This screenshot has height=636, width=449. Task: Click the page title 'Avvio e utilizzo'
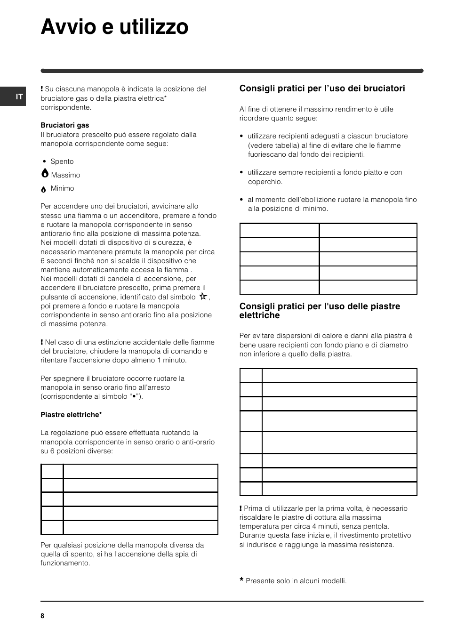pos(114,27)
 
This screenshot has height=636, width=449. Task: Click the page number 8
pos(42,616)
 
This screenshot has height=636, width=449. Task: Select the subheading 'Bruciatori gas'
pos(64,125)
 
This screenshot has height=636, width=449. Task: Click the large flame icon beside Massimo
pos(45,174)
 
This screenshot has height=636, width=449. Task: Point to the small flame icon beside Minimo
pos(43,189)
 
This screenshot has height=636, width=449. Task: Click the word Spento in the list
pos(62,161)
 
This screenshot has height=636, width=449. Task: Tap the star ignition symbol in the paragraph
pos(203,297)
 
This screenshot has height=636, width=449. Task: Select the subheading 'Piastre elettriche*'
pos(71,415)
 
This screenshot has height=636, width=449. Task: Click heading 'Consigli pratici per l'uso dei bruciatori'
pos(322,89)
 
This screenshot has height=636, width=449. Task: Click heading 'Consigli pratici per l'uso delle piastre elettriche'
pos(320,311)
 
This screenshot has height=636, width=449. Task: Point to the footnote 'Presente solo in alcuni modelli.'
pos(296,581)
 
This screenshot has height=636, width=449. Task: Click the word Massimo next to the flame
pos(65,175)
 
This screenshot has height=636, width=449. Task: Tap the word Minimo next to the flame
pos(63,188)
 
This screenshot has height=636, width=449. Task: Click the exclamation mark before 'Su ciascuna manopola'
pos(42,89)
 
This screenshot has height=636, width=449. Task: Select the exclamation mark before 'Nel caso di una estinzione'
pos(42,342)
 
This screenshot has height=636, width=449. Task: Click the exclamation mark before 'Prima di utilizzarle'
pos(241,508)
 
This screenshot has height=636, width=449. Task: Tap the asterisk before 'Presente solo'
pos(241,581)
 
